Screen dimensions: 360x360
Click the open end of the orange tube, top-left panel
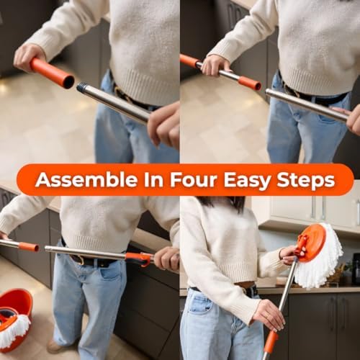pyautogui.click(x=69, y=82)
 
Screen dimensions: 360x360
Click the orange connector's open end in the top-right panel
pyautogui.click(x=257, y=86)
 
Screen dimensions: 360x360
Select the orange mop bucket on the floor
pyautogui.click(x=15, y=319)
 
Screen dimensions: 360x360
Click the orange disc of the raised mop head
pyautogui.click(x=311, y=243)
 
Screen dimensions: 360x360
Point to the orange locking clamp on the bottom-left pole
pyautogui.click(x=139, y=258)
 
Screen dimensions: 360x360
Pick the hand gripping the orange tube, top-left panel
pyautogui.click(x=28, y=58)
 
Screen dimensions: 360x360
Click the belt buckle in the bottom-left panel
pyautogui.click(x=79, y=260)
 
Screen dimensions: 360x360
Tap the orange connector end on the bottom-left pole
pyautogui.click(x=29, y=247)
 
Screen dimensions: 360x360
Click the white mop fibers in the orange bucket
pyautogui.click(x=15, y=330)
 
